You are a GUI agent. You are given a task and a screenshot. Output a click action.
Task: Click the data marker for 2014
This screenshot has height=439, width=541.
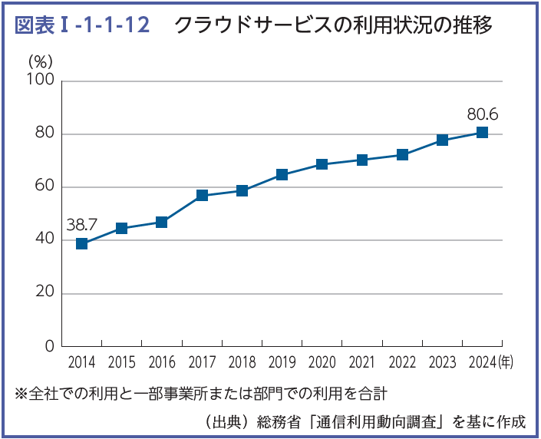click(x=81, y=244)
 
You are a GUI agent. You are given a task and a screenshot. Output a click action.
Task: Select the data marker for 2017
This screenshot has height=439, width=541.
click(x=202, y=195)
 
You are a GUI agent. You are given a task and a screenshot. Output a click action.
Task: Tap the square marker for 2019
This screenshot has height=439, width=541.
click(x=282, y=174)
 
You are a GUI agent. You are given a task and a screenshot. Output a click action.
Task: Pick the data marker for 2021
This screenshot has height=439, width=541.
click(x=362, y=160)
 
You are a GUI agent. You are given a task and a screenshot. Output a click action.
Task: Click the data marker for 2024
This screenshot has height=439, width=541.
click(x=482, y=132)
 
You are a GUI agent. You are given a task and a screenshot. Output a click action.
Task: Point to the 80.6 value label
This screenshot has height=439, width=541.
click(x=482, y=114)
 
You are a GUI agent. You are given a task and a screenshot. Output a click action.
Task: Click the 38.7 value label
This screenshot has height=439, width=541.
click(x=81, y=225)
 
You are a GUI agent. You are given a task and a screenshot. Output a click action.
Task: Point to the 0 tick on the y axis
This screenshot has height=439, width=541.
click(x=49, y=346)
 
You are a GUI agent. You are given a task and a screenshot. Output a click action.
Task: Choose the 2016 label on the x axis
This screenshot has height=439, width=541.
click(x=161, y=363)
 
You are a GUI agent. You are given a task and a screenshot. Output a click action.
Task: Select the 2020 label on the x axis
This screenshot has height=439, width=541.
click(x=322, y=363)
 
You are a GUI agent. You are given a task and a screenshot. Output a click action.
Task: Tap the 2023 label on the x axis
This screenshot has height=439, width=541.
click(x=442, y=363)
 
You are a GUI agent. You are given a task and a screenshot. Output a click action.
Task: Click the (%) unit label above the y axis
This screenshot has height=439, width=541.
click(x=40, y=61)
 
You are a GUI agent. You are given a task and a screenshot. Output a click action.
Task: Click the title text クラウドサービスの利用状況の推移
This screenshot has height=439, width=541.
click(x=332, y=26)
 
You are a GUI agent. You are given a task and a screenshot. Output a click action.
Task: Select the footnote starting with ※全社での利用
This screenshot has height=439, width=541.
click(x=201, y=394)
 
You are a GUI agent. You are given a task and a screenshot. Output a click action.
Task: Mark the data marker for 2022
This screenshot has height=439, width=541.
click(x=402, y=154)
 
